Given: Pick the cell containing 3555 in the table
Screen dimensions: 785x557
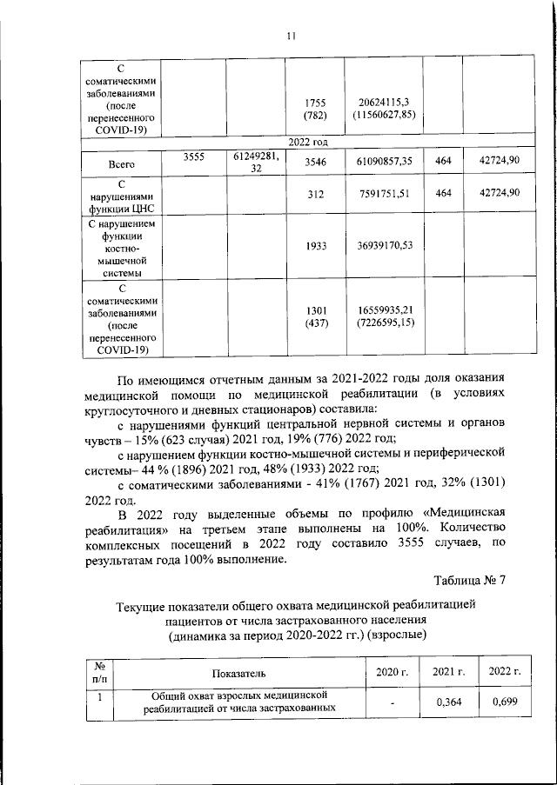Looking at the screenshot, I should point(194,157).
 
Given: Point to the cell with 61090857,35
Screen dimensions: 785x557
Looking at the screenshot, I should point(384,163).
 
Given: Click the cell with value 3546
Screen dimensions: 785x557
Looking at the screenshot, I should point(315,163).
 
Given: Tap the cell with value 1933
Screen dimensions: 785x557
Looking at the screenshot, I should point(315,247).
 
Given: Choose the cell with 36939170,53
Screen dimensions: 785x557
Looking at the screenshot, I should point(384,247).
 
